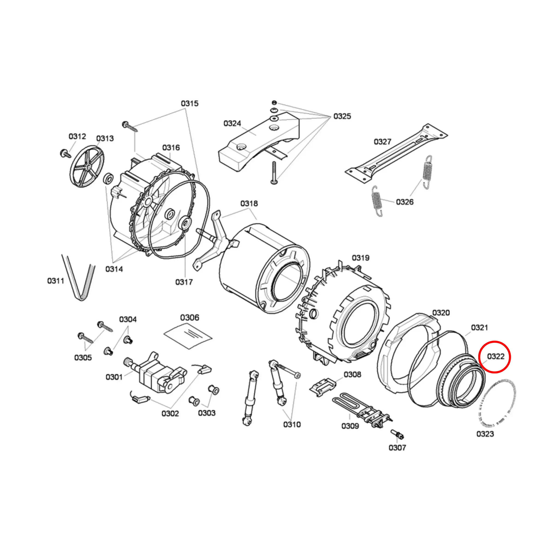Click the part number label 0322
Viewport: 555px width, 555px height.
click(496, 357)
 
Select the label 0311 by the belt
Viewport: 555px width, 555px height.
click(56, 281)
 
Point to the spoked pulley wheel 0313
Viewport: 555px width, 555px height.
click(87, 166)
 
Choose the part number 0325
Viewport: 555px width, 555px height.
click(342, 116)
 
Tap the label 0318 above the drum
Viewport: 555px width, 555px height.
click(249, 204)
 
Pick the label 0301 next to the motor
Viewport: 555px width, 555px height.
click(114, 377)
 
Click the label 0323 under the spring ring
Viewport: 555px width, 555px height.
click(485, 434)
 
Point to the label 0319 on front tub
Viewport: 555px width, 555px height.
click(360, 258)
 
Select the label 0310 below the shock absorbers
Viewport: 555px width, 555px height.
click(292, 425)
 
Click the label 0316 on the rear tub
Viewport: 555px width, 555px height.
click(171, 148)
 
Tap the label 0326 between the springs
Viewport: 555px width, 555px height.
click(404, 202)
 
